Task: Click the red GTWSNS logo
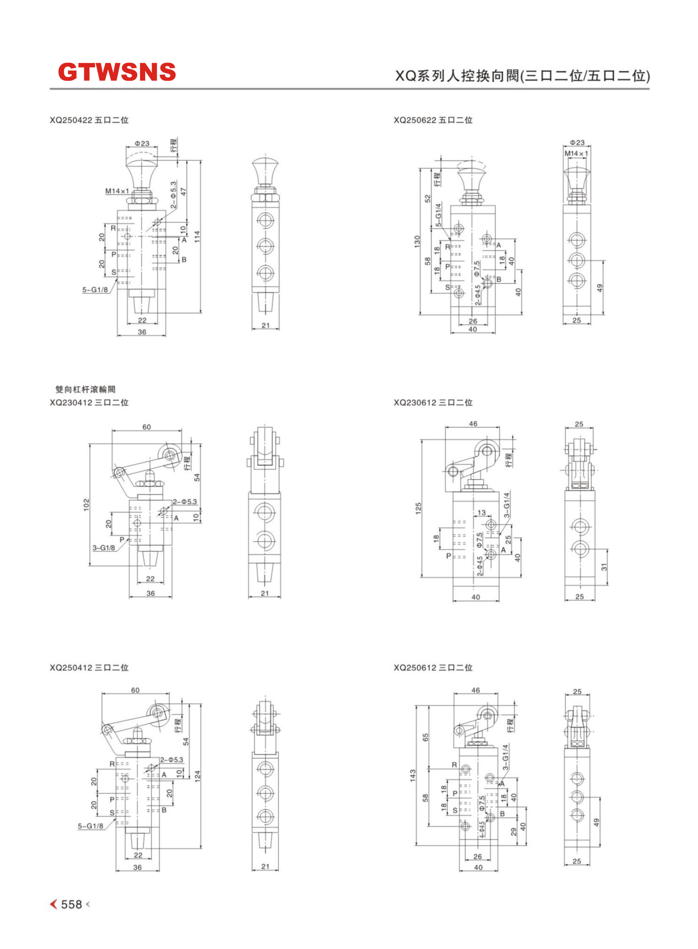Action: point(117,72)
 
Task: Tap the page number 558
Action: point(72,904)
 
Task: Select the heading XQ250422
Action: point(71,120)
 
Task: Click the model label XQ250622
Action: point(415,120)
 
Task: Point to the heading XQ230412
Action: point(71,402)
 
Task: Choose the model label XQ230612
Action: point(415,402)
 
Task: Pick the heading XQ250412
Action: point(71,668)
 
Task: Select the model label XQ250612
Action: point(415,668)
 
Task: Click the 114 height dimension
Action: point(197,237)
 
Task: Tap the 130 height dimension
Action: point(417,241)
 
